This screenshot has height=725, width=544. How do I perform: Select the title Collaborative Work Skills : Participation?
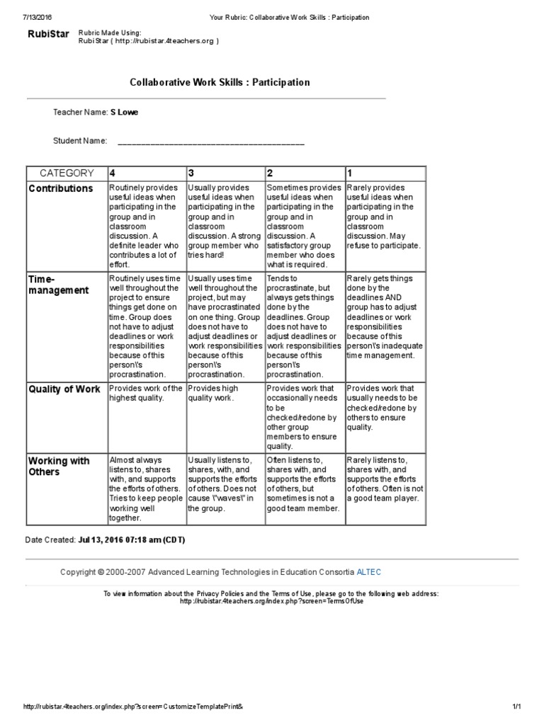[220, 82]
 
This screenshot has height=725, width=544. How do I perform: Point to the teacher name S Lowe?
[124, 112]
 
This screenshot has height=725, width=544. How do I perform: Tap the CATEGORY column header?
[67, 173]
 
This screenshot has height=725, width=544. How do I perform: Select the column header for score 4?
[112, 173]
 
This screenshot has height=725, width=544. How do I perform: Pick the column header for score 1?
[349, 173]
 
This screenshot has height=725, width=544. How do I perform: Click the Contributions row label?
[61, 188]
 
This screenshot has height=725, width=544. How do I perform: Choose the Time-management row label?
[59, 285]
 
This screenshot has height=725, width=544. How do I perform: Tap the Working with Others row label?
[59, 466]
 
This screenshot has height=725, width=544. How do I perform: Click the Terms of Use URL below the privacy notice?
[271, 601]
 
